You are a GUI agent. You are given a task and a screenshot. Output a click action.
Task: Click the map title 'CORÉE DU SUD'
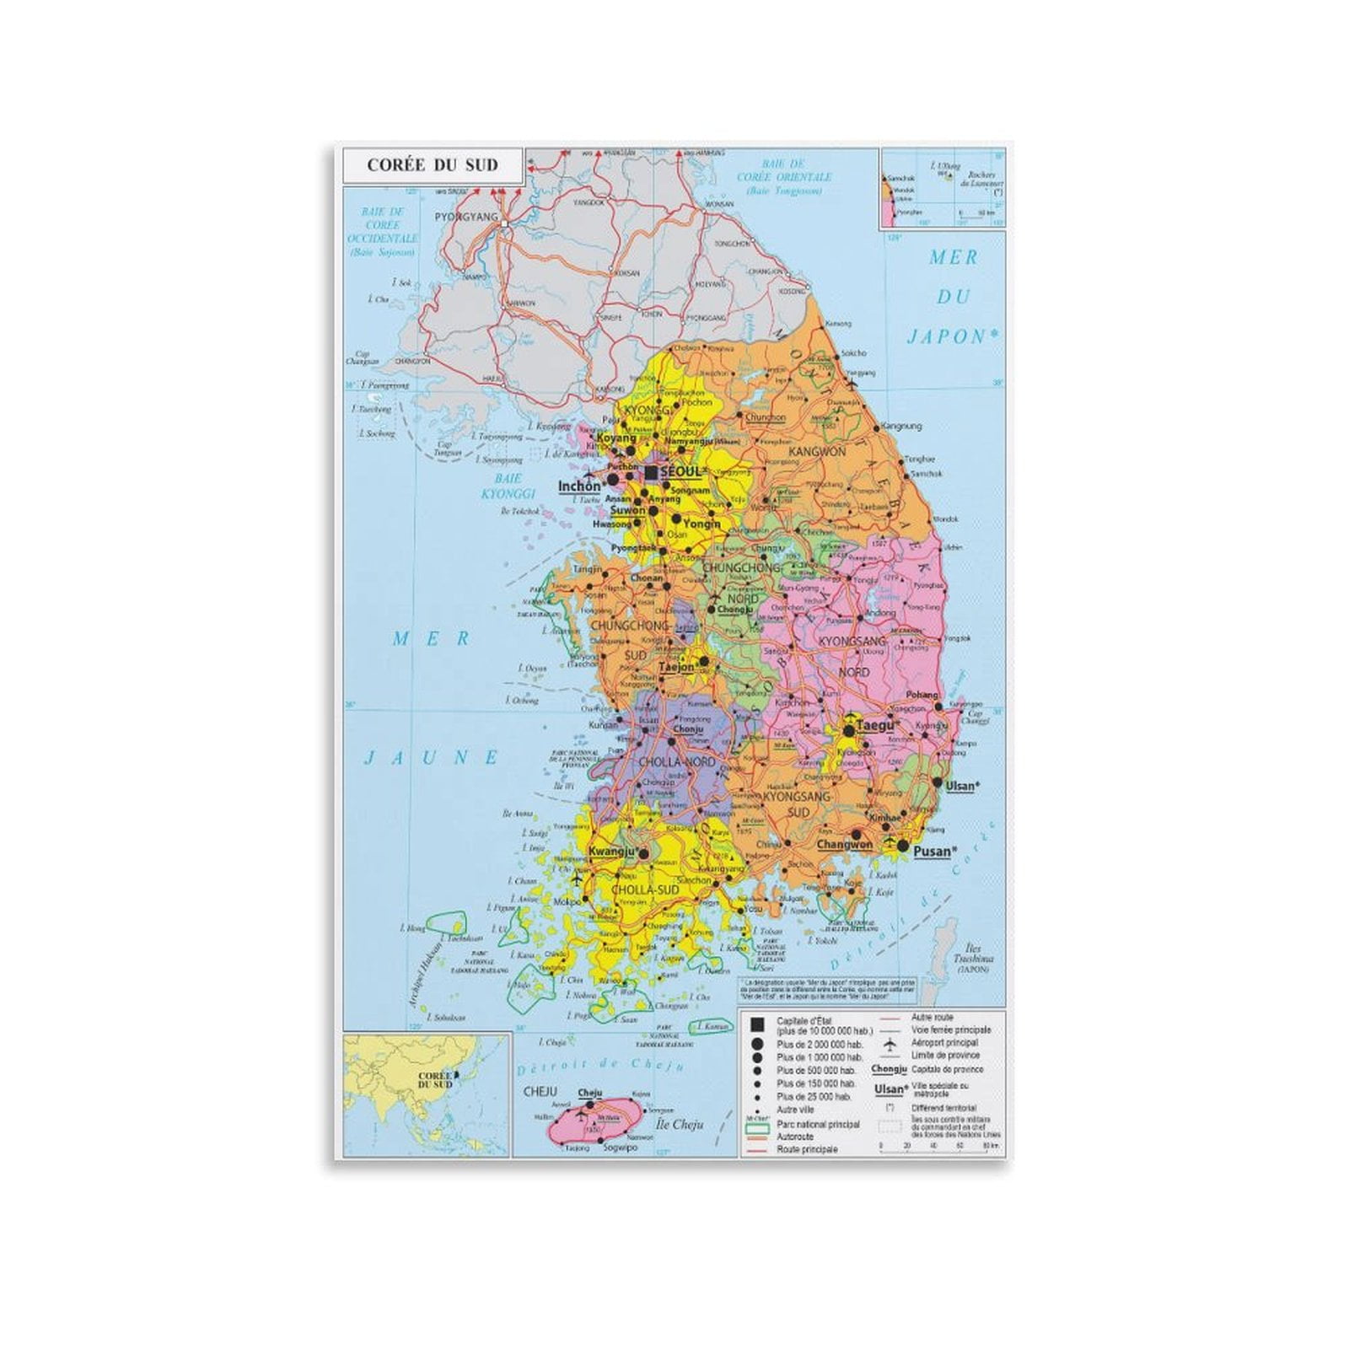pos(433,165)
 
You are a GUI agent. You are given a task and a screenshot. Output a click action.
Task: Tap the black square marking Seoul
pos(651,472)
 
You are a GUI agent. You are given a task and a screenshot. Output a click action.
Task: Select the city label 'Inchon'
pos(579,486)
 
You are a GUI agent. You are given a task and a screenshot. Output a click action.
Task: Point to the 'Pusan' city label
pos(932,851)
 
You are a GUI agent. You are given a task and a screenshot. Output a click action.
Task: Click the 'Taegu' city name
pos(873,725)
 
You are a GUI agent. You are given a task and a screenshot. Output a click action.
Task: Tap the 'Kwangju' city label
pos(610,852)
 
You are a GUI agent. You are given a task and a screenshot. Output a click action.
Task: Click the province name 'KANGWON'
pos(816,452)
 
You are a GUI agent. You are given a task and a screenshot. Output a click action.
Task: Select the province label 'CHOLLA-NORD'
pos(676,762)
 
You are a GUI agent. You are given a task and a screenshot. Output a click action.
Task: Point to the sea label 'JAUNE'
pos(431,757)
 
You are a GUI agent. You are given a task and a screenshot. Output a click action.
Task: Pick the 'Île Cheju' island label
pos(680,1124)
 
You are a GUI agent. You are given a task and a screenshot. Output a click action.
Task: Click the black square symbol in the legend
pos(757,1024)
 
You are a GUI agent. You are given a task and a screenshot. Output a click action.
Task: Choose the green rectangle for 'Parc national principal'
pos(757,1124)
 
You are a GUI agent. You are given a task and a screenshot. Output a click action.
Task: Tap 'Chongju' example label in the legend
pos(888,1069)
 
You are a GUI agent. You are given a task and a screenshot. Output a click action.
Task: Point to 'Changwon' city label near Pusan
pos(844,844)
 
